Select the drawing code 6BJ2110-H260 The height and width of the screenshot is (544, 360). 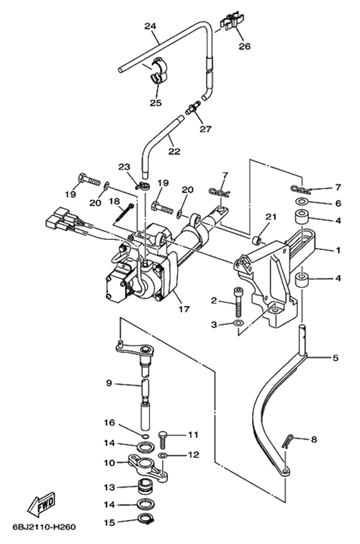[44, 528]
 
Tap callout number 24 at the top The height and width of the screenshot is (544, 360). [150, 26]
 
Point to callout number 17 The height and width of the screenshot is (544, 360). [184, 309]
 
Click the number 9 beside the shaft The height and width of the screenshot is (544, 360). [109, 383]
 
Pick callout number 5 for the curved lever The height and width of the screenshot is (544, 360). [335, 358]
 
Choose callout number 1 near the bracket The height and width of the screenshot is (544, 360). [337, 250]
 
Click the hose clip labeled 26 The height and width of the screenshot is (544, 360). [231, 23]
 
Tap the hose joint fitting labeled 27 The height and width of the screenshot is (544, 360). [192, 109]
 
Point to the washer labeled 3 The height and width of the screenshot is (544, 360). [239, 324]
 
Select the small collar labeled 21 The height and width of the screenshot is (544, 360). [256, 241]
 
